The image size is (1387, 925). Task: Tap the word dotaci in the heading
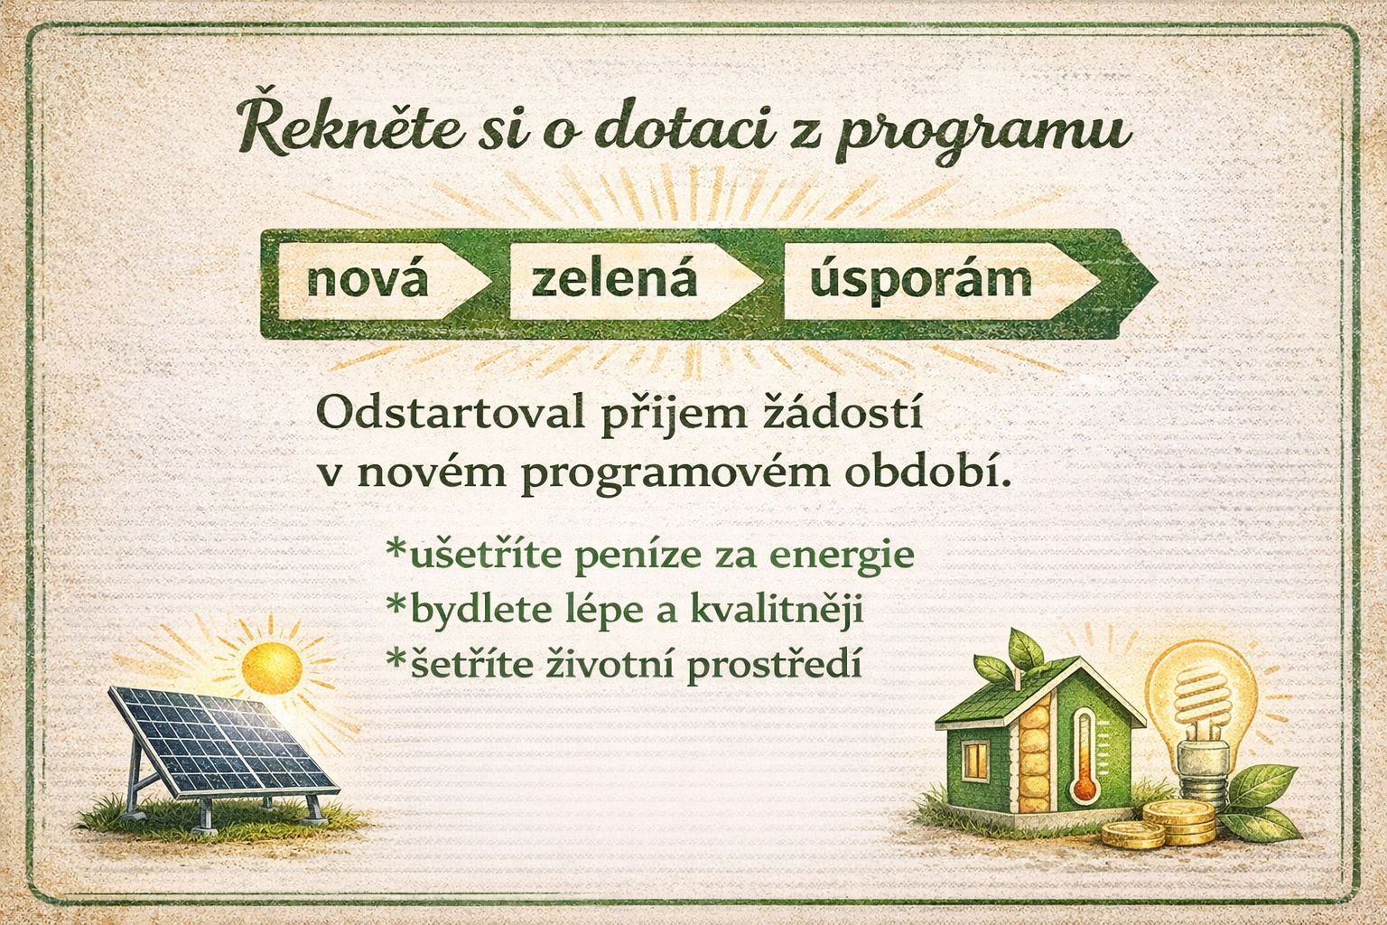click(x=677, y=130)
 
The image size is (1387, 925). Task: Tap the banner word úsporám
click(x=921, y=280)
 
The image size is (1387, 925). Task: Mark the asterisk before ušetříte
click(x=395, y=549)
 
